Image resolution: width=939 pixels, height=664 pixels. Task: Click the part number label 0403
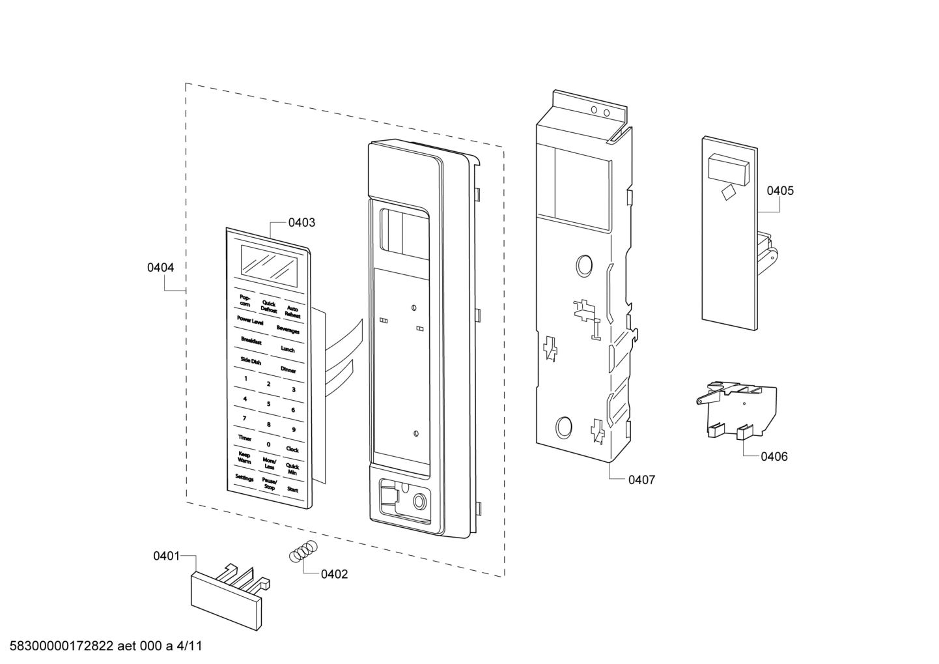pyautogui.click(x=301, y=223)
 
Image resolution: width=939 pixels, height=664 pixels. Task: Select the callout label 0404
pyautogui.click(x=160, y=267)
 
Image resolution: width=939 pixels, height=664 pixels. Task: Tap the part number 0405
pyautogui.click(x=779, y=191)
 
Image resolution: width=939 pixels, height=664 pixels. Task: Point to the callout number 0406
pyautogui.click(x=774, y=457)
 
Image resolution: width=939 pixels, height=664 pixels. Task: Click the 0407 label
pyautogui.click(x=641, y=480)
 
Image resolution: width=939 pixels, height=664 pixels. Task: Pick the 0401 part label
pyautogui.click(x=166, y=556)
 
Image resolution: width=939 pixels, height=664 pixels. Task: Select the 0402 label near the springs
pyautogui.click(x=334, y=574)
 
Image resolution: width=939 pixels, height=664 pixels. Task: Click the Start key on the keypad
pyautogui.click(x=292, y=489)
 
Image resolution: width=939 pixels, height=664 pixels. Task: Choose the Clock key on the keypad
pyautogui.click(x=292, y=450)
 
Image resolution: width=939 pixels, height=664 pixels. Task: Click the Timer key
pyautogui.click(x=244, y=439)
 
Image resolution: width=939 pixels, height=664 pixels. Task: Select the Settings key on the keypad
pyautogui.click(x=244, y=478)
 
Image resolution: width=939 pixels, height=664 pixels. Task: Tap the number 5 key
pyautogui.click(x=268, y=404)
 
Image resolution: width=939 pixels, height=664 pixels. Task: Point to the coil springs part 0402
pyautogui.click(x=303, y=551)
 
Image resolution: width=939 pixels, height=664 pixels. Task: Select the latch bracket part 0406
pyautogui.click(x=736, y=408)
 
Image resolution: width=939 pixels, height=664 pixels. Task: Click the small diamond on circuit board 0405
pyautogui.click(x=727, y=192)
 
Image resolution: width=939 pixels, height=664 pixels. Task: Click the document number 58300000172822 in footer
pyautogui.click(x=59, y=646)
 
